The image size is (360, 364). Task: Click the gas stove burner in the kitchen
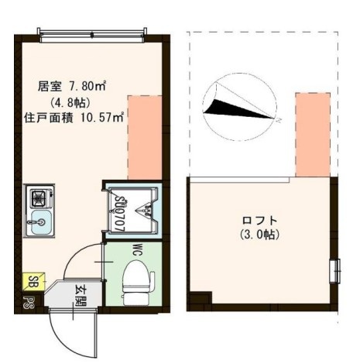tap(36, 197)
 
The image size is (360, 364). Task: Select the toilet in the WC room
tap(136, 282)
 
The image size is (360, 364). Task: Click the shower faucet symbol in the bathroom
tap(144, 208)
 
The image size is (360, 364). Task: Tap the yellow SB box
tap(33, 281)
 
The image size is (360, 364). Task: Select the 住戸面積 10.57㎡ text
tap(74, 118)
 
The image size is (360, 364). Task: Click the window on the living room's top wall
tap(91, 33)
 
